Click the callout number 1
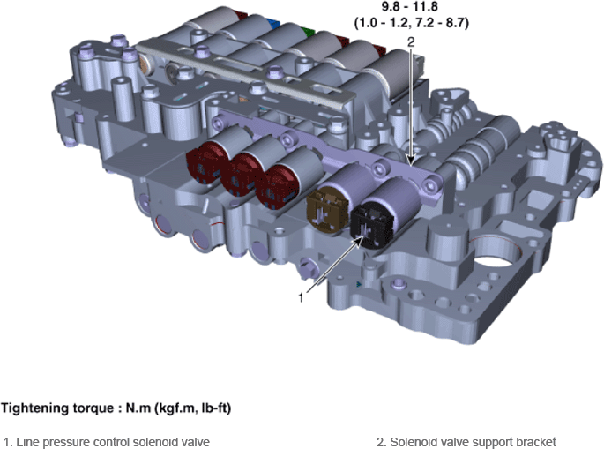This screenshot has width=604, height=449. pos(302,297)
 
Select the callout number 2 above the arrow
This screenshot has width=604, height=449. pos(411,41)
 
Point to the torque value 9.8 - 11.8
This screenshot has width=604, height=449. pos(409,6)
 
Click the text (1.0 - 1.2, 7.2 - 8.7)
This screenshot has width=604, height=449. pos(412,23)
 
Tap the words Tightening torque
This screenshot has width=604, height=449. pos(57,408)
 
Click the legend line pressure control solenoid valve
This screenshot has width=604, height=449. pos(107,442)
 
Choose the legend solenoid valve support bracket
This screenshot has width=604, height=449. pos(466,442)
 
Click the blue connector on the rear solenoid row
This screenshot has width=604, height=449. pos(274,24)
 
